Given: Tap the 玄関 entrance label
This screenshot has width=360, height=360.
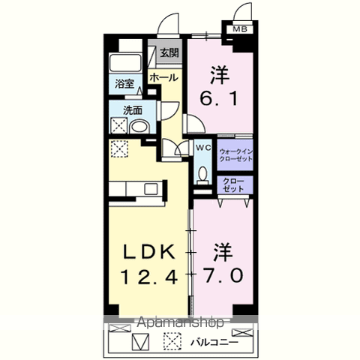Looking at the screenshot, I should (169, 52).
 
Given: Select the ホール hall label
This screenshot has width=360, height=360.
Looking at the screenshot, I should (163, 78).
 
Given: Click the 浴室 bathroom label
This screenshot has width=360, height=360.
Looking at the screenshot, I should (124, 84).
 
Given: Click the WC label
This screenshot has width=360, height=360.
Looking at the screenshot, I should (202, 148).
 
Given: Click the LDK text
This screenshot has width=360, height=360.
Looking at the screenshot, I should (147, 251).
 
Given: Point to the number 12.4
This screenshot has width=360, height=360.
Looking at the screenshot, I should (148, 276).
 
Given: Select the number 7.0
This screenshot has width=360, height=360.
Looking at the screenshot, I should (222, 275).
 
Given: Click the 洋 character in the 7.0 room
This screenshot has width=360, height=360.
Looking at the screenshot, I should (222, 250).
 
